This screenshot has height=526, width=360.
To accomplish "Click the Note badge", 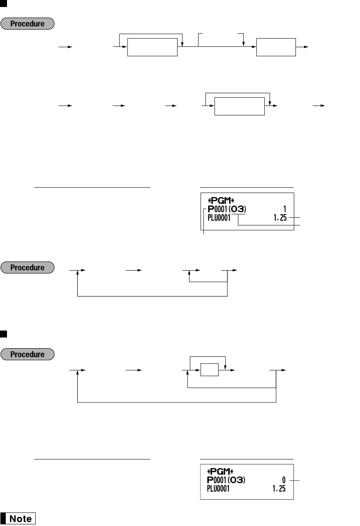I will [21, 519].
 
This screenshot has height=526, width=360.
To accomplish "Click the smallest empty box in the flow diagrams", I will [209, 370].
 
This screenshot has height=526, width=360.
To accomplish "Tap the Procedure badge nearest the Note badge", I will [27, 354].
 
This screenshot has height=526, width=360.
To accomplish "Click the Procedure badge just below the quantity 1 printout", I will [27, 268].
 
